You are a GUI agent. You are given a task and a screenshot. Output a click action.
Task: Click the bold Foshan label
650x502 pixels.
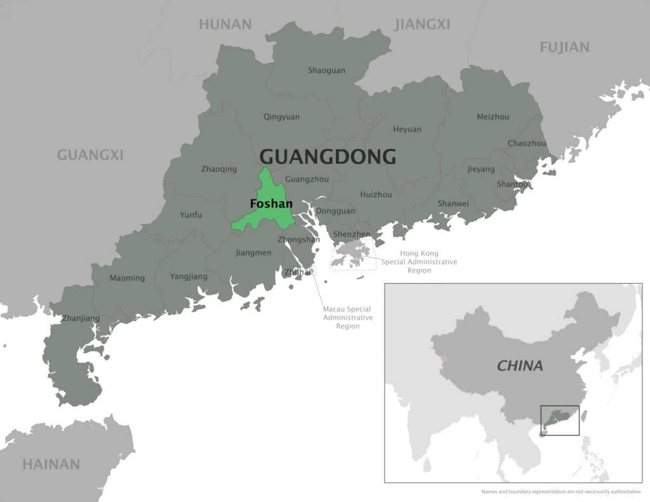coord(271,204)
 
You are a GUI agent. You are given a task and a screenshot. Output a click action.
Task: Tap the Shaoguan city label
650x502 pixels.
coord(326,70)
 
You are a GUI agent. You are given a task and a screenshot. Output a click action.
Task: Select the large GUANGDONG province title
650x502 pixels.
coord(328,156)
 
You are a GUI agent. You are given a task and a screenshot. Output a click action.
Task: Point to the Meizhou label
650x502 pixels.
coord(493,116)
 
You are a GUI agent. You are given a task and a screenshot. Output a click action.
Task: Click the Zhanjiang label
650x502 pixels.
coord(81,318)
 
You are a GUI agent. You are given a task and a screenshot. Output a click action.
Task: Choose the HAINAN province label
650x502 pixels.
coord(51,464)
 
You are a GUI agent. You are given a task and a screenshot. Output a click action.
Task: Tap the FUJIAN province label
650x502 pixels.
coord(564,47)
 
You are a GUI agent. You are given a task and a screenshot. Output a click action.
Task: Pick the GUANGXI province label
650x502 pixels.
coord(90,155)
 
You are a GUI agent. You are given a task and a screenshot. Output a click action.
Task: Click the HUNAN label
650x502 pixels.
coord(225,25)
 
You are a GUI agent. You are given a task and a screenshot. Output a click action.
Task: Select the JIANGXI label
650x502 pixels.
coord(422,25)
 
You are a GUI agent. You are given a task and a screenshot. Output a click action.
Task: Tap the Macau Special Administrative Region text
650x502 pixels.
coord(348,317)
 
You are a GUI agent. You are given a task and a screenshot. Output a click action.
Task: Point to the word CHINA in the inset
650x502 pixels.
coord(520,366)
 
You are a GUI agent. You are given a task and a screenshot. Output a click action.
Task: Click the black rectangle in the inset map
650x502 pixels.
coord(559,420)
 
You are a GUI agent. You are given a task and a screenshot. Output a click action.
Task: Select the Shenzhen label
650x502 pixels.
coord(352,234)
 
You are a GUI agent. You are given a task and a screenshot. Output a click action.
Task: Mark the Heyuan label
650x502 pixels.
coord(407,129)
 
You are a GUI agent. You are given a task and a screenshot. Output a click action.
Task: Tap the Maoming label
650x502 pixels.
coord(127,278)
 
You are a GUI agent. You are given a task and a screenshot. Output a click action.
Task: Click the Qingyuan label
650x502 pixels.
coord(281,117)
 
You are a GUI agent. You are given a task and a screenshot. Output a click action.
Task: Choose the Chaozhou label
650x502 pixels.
coord(527,143)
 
